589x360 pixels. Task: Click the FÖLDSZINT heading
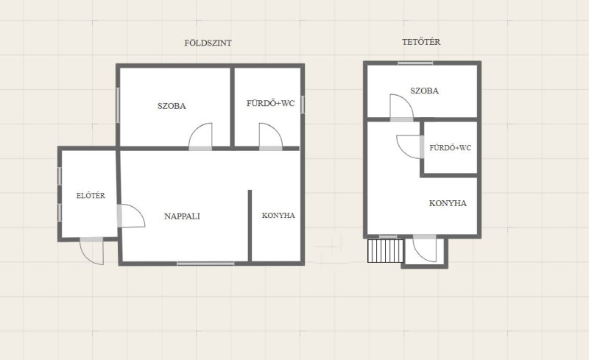click(x=208, y=43)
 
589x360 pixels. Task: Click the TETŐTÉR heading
click(x=421, y=42)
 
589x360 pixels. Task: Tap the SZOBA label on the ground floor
click(x=172, y=106)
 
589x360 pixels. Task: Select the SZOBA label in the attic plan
click(x=425, y=91)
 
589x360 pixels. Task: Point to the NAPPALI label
click(x=182, y=216)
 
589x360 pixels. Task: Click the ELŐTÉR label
click(x=91, y=195)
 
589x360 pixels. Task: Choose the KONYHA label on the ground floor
click(x=278, y=215)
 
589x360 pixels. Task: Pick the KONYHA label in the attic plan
click(x=448, y=203)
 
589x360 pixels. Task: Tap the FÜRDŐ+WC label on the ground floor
click(x=270, y=103)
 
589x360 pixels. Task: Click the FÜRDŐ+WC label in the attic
click(x=450, y=148)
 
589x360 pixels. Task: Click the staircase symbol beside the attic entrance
click(x=385, y=250)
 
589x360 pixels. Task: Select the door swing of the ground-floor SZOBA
click(x=200, y=136)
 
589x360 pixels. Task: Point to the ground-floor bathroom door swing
click(x=270, y=136)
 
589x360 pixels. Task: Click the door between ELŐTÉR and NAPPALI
click(x=131, y=216)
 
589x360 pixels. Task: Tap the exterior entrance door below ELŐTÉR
click(x=91, y=251)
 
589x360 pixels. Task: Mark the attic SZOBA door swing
click(x=401, y=107)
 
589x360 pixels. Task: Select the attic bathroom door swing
click(x=409, y=147)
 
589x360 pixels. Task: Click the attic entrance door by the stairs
click(x=425, y=248)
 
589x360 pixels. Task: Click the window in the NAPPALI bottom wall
click(x=205, y=264)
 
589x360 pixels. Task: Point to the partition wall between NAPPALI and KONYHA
click(x=250, y=225)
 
